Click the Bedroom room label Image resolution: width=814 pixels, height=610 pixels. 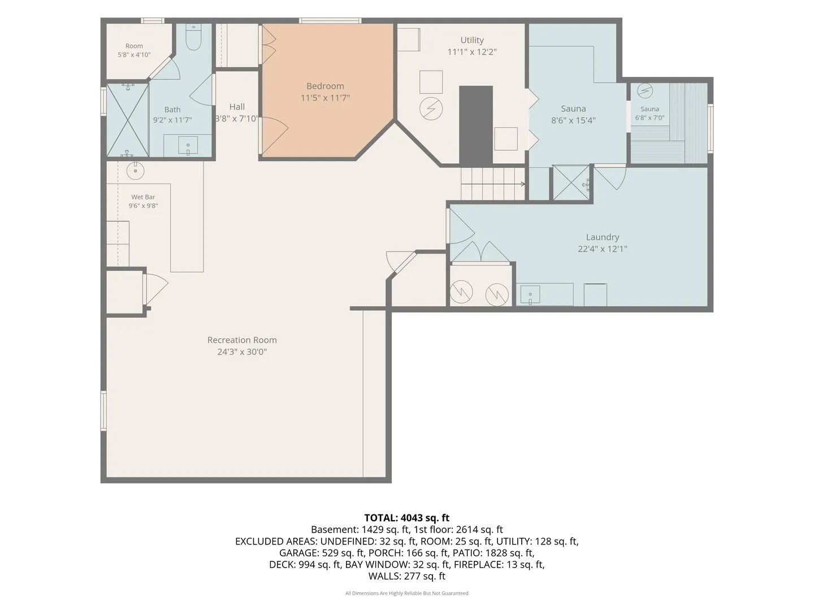click(325, 86)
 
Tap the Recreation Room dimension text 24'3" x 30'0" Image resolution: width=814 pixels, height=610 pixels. click(242, 351)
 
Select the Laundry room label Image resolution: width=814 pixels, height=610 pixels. click(602, 237)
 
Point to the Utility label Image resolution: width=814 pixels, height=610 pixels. click(471, 40)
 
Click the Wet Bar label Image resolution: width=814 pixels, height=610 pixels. click(143, 197)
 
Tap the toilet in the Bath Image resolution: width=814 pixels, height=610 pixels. click(193, 37)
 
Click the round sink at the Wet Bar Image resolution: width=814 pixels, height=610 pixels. click(135, 171)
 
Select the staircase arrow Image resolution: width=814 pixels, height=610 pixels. click(493, 184)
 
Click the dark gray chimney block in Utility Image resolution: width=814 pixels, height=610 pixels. click(476, 126)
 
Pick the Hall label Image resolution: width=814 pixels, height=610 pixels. click(237, 107)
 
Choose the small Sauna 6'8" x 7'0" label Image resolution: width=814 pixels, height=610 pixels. click(650, 114)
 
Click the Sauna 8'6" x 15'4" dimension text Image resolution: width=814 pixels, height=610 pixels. click(573, 120)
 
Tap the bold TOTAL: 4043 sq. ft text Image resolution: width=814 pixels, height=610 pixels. click(407, 517)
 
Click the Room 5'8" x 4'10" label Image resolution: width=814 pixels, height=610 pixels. click(134, 50)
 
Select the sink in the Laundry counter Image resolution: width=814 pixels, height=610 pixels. click(530, 294)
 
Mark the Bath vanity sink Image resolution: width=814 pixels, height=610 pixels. click(188, 145)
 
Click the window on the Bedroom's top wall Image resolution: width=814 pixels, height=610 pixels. click(330, 21)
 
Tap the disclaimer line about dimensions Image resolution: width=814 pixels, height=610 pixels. click(407, 593)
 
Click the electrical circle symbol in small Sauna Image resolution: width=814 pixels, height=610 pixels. click(645, 91)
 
